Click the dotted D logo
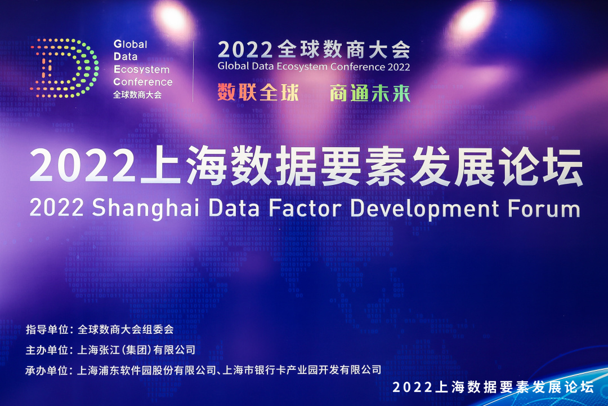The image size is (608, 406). (64, 68)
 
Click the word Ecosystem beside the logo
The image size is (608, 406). (141, 69)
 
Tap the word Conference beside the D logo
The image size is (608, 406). (142, 82)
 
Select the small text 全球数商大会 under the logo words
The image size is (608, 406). (137, 95)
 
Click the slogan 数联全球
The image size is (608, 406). (258, 92)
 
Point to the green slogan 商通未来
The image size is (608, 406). (370, 93)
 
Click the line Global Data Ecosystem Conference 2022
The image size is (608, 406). (314, 67)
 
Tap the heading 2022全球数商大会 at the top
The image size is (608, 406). (314, 50)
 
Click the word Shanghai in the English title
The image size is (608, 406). (145, 208)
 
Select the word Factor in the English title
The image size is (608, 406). (305, 208)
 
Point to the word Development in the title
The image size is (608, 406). (424, 209)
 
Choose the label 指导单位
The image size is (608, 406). (47, 329)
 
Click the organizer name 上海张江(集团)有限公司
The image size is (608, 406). (136, 350)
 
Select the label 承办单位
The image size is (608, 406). (47, 370)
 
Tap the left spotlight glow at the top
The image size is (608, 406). (173, 18)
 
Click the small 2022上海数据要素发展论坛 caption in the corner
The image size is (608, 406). (493, 387)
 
